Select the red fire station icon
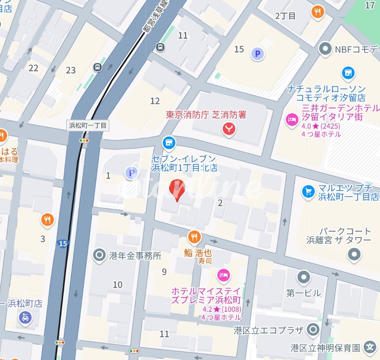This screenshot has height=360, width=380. pyautogui.click(x=229, y=129)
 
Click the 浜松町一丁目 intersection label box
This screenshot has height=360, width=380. pyautogui.click(x=88, y=125)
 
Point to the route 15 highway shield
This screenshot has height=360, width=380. pyautogui.click(x=63, y=243)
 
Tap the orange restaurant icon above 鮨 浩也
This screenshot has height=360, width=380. pyautogui.click(x=194, y=237)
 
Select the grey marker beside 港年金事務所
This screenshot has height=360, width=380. pyautogui.click(x=99, y=255)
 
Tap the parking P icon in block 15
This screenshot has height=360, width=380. pyautogui.click(x=257, y=54)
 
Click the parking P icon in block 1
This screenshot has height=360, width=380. pyautogui.click(x=132, y=173)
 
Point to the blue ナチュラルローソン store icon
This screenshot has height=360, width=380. pyautogui.click(x=348, y=73)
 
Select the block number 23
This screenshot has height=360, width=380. pyautogui.click(x=71, y=70)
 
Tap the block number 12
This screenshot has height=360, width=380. pyautogui.click(x=155, y=101)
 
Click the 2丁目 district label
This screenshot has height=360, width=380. pyautogui.click(x=285, y=16)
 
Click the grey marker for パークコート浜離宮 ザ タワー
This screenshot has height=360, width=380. pyautogui.click(x=354, y=254)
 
